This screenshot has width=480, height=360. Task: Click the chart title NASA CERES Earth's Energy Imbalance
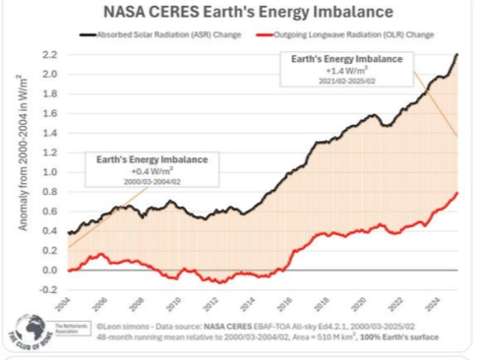click(x=239, y=14)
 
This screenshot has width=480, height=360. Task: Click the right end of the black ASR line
click(x=457, y=55)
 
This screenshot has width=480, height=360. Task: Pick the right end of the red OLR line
click(x=457, y=193)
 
